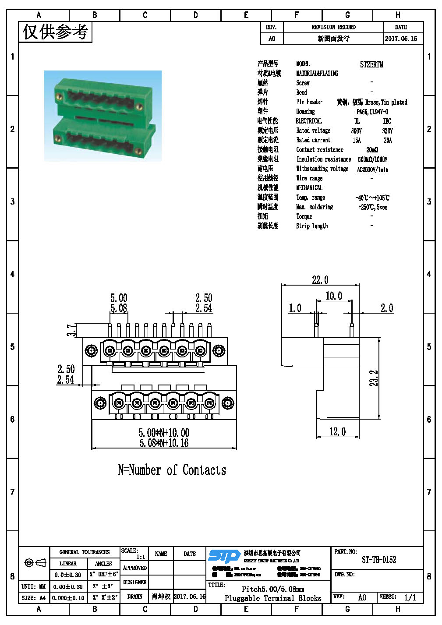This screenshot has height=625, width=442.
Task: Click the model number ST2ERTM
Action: pos(371,64)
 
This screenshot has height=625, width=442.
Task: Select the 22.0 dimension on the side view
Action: pos(320,280)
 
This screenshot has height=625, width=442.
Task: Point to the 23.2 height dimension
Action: pos(374,378)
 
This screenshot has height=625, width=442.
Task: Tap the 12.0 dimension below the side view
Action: pos(337,432)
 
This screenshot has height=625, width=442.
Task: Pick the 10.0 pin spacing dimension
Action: pos(333,296)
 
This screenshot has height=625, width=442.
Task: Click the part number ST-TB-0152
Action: pos(379,560)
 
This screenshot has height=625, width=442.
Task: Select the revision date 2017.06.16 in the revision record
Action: pos(401,39)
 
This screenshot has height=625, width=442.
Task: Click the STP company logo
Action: pos(224,556)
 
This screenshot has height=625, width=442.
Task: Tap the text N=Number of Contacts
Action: pos(172,470)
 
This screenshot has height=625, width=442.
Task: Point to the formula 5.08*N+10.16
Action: pos(164,443)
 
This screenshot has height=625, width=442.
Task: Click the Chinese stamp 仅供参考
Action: pos(55,32)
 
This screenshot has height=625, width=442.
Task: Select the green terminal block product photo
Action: pos(103,116)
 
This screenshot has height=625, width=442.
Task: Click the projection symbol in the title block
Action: pos(35,562)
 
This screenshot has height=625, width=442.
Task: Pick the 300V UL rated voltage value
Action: pos(356,131)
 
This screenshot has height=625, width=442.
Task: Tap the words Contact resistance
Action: pos(320,150)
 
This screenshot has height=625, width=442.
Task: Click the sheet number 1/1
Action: pos(410,597)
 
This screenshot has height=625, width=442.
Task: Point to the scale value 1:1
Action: pos(141,557)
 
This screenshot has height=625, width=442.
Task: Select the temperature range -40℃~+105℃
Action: pos(372,198)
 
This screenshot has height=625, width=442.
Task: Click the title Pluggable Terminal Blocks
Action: pos(273,598)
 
